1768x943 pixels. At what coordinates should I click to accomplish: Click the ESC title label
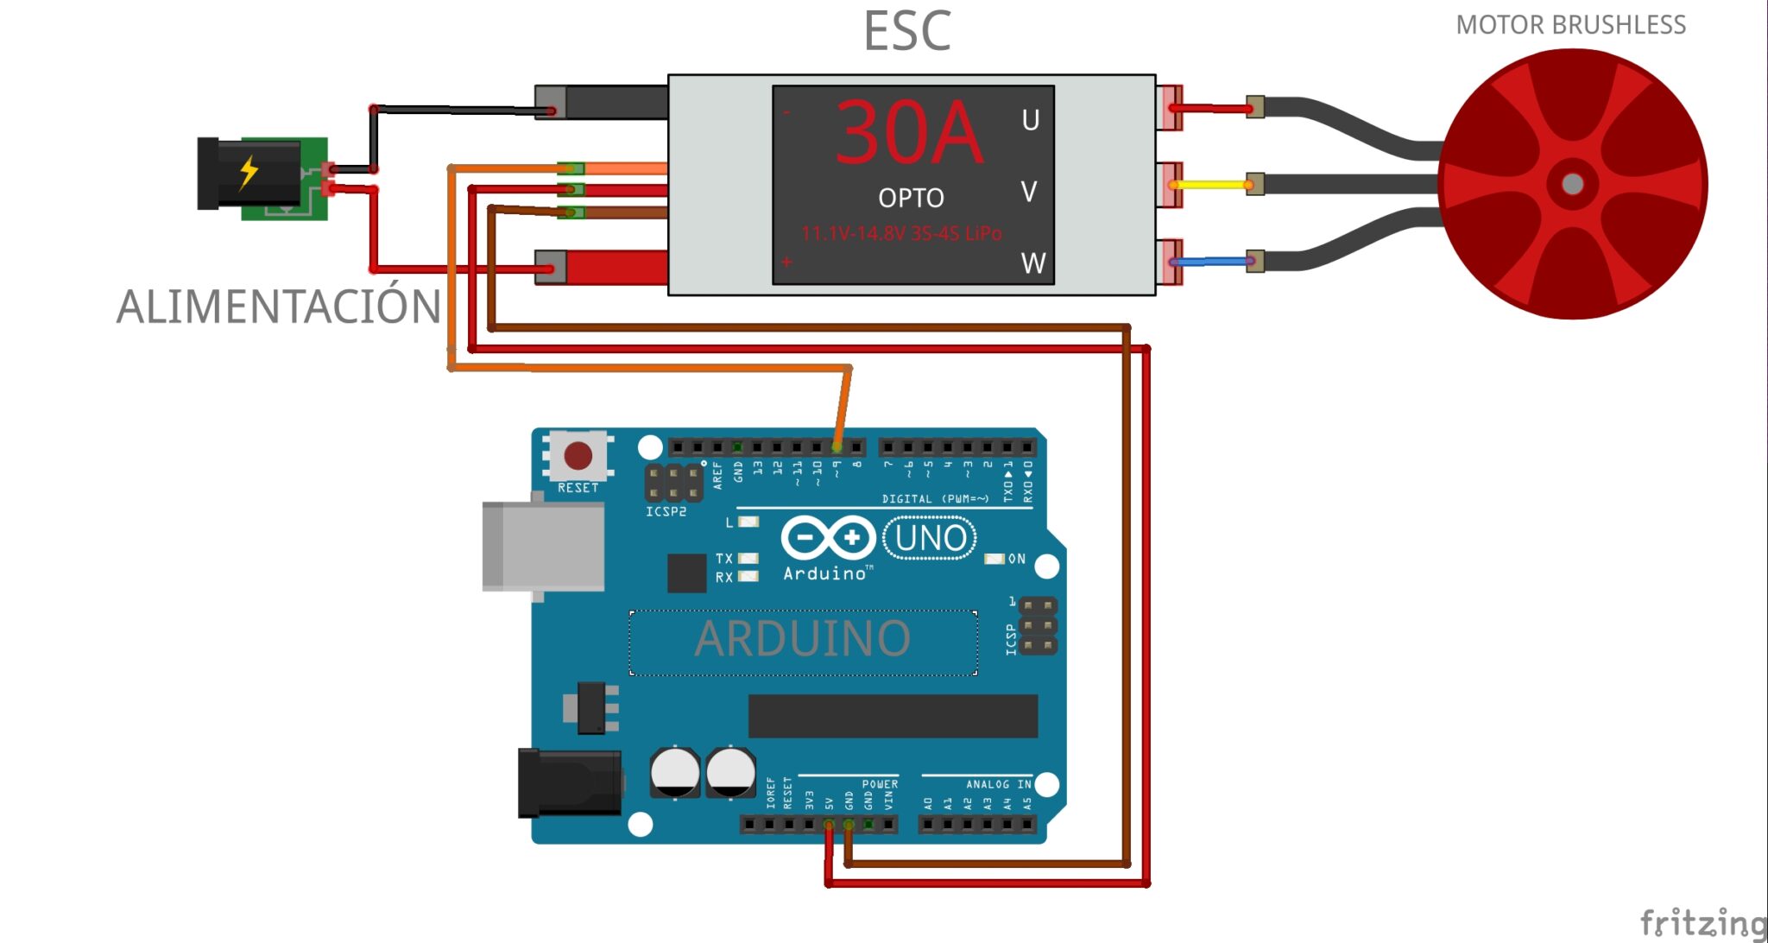click(906, 32)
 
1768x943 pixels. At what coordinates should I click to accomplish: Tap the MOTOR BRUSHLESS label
click(1570, 25)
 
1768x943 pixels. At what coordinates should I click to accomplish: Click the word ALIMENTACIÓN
click(278, 307)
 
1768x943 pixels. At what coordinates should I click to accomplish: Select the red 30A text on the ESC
click(909, 134)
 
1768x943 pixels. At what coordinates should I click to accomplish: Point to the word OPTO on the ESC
click(911, 199)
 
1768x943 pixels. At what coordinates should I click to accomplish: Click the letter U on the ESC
click(1030, 120)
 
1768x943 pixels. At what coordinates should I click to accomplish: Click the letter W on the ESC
click(1032, 263)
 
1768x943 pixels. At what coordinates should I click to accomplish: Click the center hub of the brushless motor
click(1572, 184)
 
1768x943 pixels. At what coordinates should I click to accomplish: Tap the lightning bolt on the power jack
click(249, 172)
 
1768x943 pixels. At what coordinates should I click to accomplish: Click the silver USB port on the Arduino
click(542, 547)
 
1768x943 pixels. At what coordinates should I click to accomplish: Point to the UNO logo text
click(930, 538)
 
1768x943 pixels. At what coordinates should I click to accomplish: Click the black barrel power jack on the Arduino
click(569, 782)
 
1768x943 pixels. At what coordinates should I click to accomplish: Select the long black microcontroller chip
click(892, 716)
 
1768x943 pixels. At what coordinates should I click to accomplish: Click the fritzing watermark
click(1701, 922)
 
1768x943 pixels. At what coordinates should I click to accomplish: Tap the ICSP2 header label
click(666, 512)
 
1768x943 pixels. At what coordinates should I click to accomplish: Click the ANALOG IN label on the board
click(998, 784)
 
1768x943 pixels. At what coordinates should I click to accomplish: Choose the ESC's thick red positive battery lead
click(615, 268)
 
